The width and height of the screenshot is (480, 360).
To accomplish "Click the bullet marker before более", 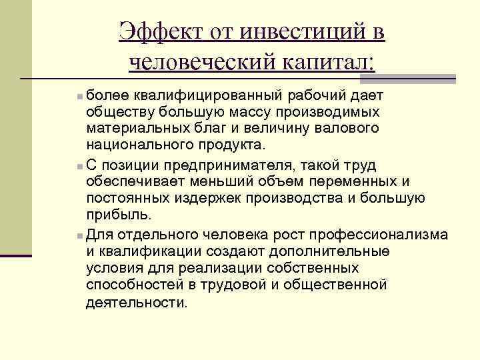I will coord(80,97).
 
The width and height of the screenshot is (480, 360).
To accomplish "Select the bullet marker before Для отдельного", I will coord(80,235).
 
